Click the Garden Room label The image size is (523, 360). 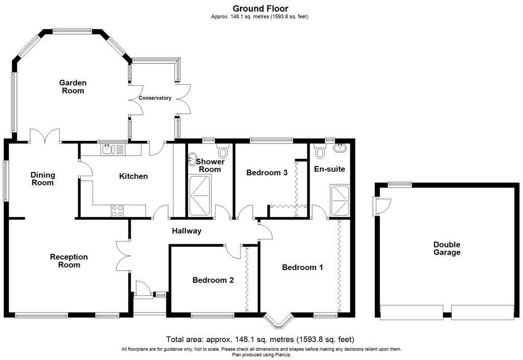pos(73,87)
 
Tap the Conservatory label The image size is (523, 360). pos(155,98)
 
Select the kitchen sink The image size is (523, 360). pos(112,149)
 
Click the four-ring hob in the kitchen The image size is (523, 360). pos(117,211)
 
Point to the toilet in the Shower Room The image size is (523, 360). pos(223,151)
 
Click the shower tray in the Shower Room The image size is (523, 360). pos(200,196)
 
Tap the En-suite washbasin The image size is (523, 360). pos(341,148)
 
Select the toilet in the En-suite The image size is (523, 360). pos(320,151)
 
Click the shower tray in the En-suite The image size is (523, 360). pos(340,200)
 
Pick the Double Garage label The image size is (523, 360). pos(447,249)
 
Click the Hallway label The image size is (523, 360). pos(187,231)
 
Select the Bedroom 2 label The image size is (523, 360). pos(213,280)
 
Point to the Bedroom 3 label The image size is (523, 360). pos(267,173)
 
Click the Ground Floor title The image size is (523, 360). pos(260,8)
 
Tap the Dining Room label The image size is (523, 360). pos(43,179)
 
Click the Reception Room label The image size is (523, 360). pos(69,260)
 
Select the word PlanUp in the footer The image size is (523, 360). pos(282,355)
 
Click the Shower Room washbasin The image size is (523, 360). pos(193,159)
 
